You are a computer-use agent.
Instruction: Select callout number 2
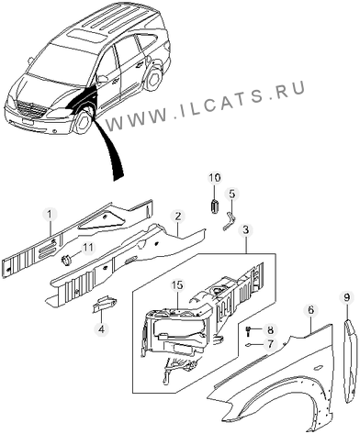pyautogui.click(x=178, y=217)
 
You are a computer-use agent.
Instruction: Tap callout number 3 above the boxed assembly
pyautogui.click(x=246, y=231)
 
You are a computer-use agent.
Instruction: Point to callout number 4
pyautogui.click(x=101, y=329)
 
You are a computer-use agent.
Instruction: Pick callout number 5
pyautogui.click(x=232, y=194)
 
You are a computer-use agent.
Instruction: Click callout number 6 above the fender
pyautogui.click(x=310, y=310)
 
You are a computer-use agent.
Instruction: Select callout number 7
pyautogui.click(x=270, y=344)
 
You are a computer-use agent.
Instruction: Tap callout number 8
pyautogui.click(x=270, y=330)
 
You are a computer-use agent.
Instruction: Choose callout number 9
pyautogui.click(x=346, y=297)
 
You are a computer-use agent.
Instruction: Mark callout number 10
pyautogui.click(x=215, y=178)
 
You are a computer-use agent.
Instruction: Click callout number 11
pyautogui.click(x=88, y=248)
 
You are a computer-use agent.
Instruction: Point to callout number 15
pyautogui.click(x=177, y=285)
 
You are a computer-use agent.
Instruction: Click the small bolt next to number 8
pyautogui.click(x=247, y=330)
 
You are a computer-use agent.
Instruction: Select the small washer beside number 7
pyautogui.click(x=247, y=345)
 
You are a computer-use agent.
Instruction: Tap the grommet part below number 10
pyautogui.click(x=215, y=206)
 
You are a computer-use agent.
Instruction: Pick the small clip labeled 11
pyautogui.click(x=66, y=260)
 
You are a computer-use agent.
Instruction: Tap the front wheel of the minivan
pyautogui.click(x=83, y=121)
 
